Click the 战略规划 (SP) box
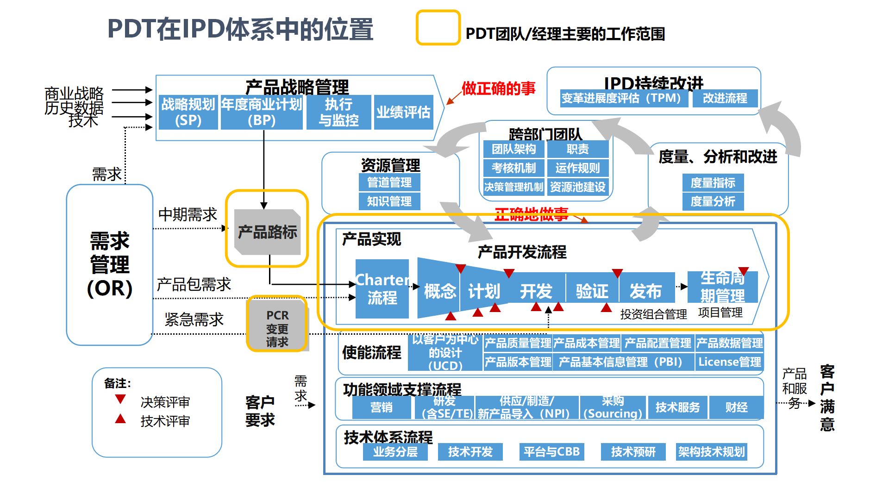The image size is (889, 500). click(188, 112)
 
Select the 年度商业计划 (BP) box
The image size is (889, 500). click(262, 112)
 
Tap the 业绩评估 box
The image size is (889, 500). click(403, 112)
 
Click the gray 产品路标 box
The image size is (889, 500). click(267, 231)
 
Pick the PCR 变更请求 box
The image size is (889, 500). click(277, 328)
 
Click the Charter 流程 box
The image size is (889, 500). click(382, 289)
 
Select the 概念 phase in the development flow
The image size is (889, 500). click(439, 291)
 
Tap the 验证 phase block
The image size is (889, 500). click(592, 291)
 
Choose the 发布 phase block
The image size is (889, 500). click(645, 291)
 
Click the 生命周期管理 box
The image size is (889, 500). click(722, 287)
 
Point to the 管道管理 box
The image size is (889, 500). click(389, 182)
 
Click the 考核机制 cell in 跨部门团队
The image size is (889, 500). click(513, 168)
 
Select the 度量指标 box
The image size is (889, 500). click(713, 183)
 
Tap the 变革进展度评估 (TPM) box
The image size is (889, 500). click(621, 98)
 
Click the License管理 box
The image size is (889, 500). click(729, 362)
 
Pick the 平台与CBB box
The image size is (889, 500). click(551, 451)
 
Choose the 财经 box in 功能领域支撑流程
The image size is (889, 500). click(736, 407)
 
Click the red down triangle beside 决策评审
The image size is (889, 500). click(120, 399)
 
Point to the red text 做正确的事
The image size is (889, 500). click(498, 88)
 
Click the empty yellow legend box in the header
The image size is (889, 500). click(438, 28)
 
